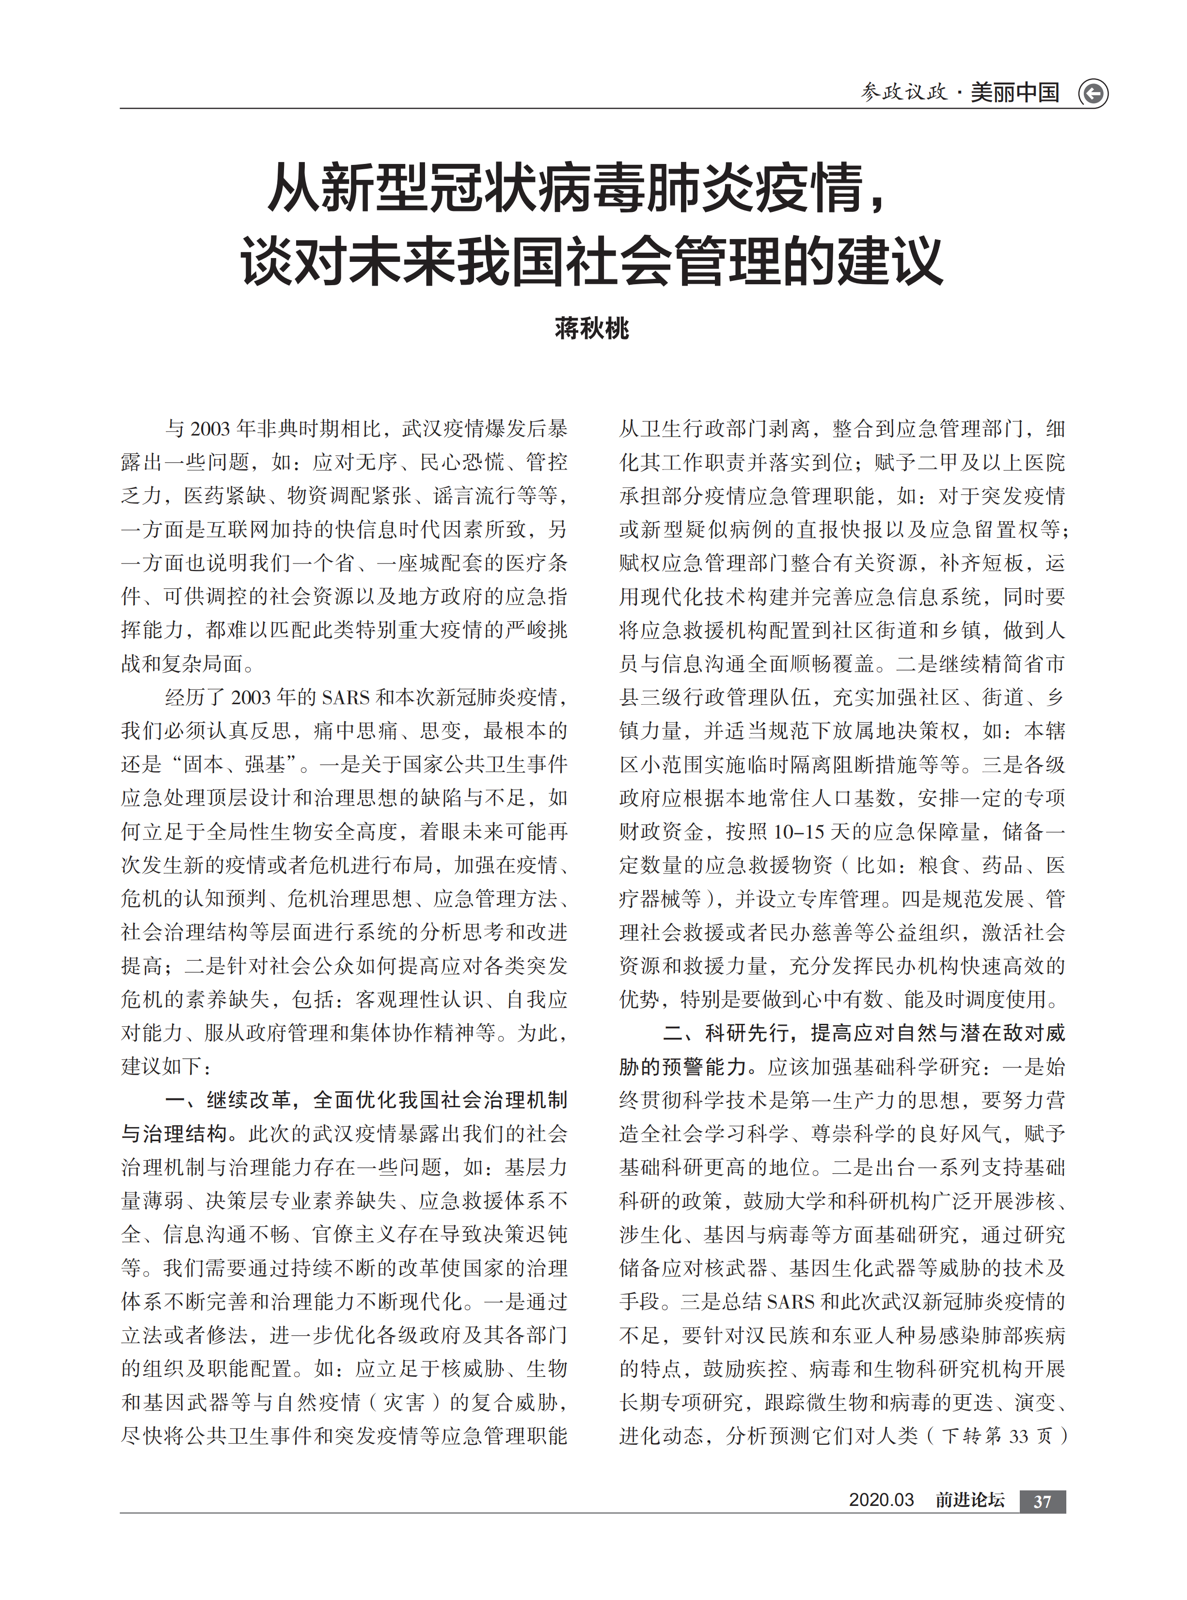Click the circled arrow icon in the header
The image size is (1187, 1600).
(1093, 94)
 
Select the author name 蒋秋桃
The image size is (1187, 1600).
(592, 328)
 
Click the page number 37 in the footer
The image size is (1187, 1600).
(1042, 1501)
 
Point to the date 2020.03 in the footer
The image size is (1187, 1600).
(881, 1500)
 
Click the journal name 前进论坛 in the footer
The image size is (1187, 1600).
(969, 1500)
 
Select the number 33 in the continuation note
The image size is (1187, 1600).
(1019, 1436)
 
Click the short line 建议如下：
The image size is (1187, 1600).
(166, 1067)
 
